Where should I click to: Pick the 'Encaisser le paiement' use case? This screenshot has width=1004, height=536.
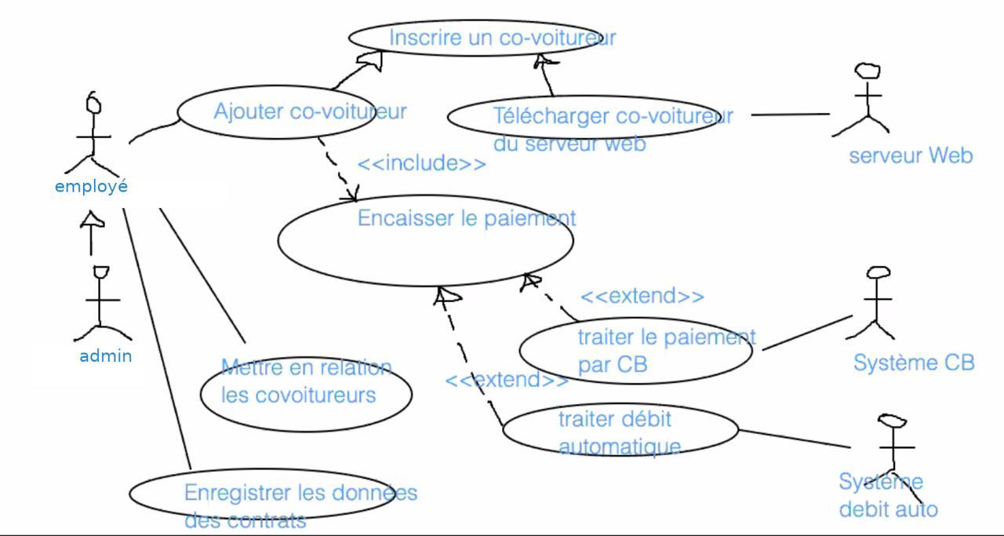[x=425, y=239]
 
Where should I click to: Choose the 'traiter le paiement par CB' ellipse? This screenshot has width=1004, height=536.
[x=635, y=350]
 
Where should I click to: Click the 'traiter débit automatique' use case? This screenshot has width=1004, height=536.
[x=620, y=430]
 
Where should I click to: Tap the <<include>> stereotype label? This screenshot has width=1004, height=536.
[x=422, y=164]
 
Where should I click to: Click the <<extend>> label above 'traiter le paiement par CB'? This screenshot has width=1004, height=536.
[x=642, y=297]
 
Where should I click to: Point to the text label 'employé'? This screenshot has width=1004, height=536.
[x=91, y=187]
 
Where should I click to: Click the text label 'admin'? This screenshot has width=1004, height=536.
[x=106, y=356]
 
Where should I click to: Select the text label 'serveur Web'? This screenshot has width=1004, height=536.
[x=911, y=155]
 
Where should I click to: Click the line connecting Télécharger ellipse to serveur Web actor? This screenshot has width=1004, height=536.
[x=789, y=115]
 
